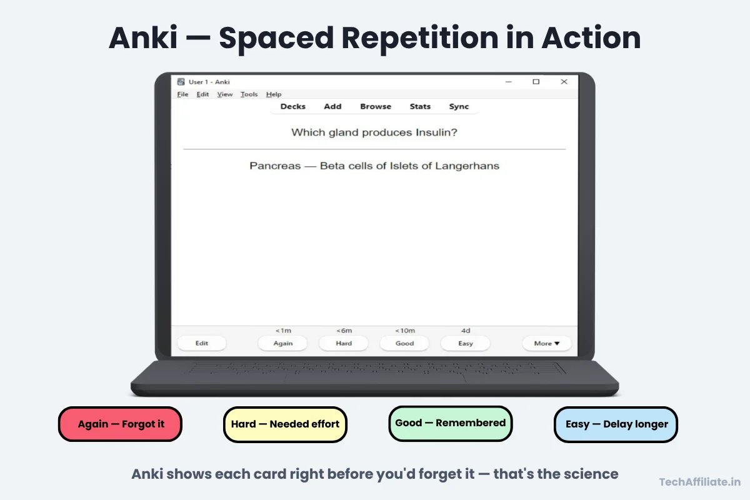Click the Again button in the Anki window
pyautogui.click(x=282, y=343)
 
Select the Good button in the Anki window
pyautogui.click(x=404, y=343)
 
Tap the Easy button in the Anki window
pyautogui.click(x=466, y=343)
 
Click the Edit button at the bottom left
pyautogui.click(x=202, y=343)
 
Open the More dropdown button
pyautogui.click(x=547, y=343)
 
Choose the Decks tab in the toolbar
pyautogui.click(x=292, y=106)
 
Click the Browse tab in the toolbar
pyautogui.click(x=376, y=106)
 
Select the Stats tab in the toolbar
pyautogui.click(x=420, y=106)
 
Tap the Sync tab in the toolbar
pyautogui.click(x=459, y=106)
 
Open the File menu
pyautogui.click(x=182, y=94)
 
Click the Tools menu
pyautogui.click(x=249, y=94)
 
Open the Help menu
pyautogui.click(x=274, y=94)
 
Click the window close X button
pyautogui.click(x=564, y=82)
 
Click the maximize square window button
pyautogui.click(x=536, y=82)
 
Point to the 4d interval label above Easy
pyautogui.click(x=466, y=331)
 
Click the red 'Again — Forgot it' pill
pyautogui.click(x=120, y=424)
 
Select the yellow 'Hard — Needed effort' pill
pyautogui.click(x=285, y=424)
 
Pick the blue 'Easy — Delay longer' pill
pyautogui.click(x=616, y=424)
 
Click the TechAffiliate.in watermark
pyautogui.click(x=700, y=482)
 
